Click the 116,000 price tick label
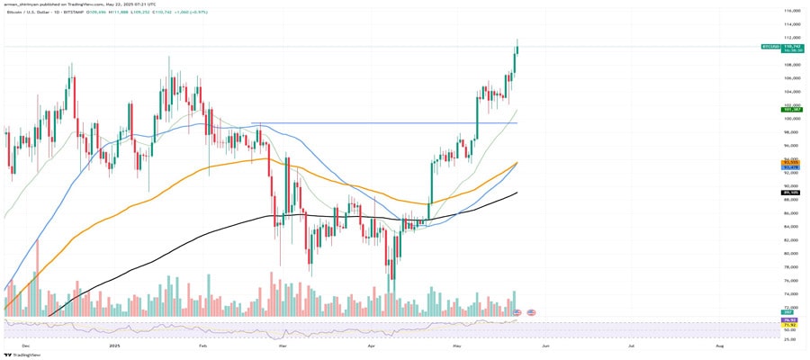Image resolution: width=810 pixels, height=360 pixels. (x=792, y=10)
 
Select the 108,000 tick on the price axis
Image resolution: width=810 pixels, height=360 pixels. (x=792, y=65)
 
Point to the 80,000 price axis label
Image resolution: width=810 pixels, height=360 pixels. (x=792, y=254)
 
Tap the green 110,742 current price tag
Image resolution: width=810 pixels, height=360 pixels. (x=792, y=45)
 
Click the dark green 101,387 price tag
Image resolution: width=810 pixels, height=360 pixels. (x=792, y=110)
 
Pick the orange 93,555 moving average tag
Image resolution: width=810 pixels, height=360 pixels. (x=792, y=162)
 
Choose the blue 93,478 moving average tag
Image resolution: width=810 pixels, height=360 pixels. (x=792, y=167)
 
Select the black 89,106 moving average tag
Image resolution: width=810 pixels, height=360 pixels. (x=792, y=192)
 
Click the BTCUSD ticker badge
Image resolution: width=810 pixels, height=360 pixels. (x=769, y=45)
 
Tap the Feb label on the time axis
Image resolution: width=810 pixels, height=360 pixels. (x=202, y=345)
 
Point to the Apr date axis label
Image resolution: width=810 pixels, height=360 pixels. (x=372, y=345)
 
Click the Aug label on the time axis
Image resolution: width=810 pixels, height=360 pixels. (x=718, y=345)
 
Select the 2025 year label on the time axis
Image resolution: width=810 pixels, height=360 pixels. (x=114, y=345)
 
